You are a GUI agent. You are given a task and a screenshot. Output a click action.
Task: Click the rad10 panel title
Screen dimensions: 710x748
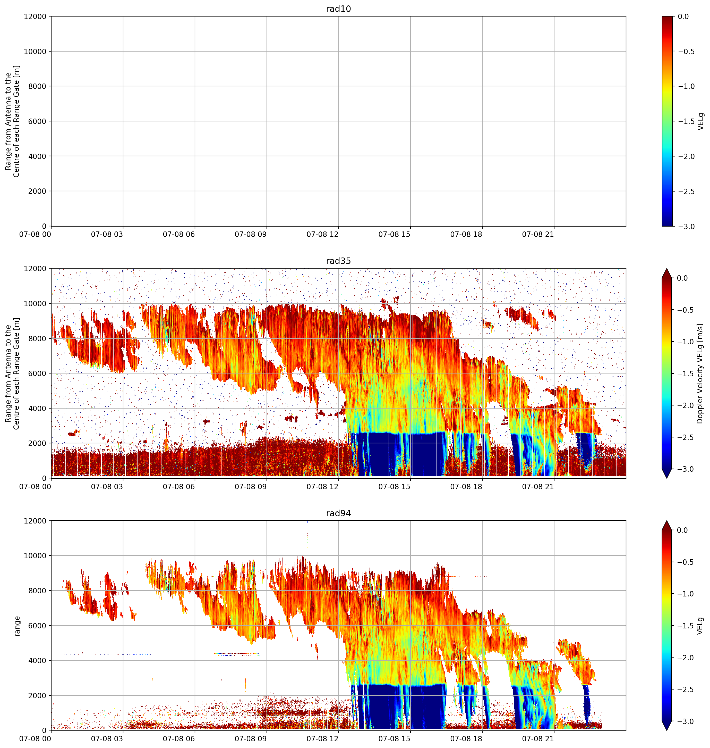pos(338,9)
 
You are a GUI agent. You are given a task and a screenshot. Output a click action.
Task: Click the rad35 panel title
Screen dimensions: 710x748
pos(338,261)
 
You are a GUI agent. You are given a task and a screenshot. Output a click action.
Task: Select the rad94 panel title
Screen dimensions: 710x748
pos(338,513)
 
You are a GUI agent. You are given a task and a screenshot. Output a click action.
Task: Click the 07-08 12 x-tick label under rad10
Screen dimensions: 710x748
pos(322,235)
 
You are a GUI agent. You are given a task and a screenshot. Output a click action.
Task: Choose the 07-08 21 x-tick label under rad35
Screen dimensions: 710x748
pos(538,487)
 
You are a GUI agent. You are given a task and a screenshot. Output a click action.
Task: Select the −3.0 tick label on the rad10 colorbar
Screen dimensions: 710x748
pos(685,227)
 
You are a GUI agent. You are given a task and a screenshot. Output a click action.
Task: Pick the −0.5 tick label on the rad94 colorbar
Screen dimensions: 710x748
pos(685,562)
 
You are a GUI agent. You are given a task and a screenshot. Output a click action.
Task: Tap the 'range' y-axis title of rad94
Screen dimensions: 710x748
pos(17,626)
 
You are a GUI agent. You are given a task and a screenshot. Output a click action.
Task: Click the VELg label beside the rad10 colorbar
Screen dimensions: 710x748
pos(700,121)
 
